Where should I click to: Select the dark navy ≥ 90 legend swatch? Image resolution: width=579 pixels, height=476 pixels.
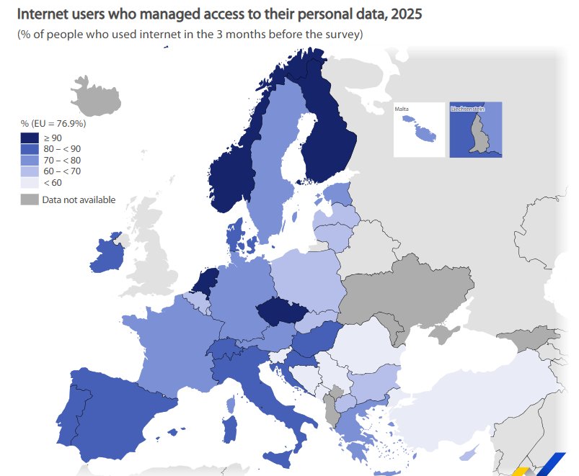30,138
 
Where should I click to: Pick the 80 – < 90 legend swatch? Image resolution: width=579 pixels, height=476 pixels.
30,149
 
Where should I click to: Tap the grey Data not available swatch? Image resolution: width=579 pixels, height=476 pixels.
30,199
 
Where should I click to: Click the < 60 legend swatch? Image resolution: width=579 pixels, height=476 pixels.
30,182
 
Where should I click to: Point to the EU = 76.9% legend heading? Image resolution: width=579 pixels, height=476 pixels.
53,123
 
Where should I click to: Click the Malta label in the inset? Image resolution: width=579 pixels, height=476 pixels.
402,109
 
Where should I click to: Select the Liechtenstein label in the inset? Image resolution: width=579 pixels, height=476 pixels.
467,109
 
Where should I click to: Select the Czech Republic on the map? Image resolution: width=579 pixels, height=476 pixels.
280,311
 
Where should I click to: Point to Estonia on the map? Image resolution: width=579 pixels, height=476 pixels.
337,193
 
